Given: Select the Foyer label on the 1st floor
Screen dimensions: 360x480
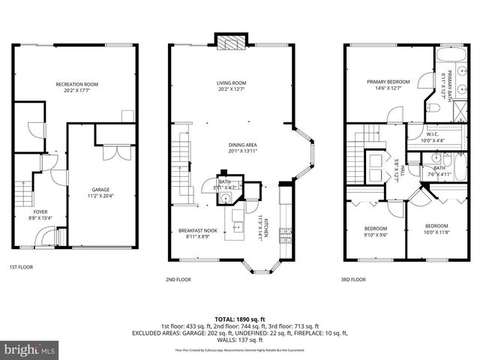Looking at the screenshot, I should coord(40,215).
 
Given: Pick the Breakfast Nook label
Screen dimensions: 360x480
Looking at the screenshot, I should coord(198,233).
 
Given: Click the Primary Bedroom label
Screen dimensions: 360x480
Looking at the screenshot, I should coord(388,85).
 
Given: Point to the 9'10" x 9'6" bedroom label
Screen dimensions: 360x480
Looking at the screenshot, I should coord(376,232).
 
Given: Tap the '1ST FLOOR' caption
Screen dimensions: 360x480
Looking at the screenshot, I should coord(20,267).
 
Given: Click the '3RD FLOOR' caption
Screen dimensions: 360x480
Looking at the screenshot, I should coord(353,279).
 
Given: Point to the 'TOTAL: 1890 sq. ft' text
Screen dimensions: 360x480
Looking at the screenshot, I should coord(241,318).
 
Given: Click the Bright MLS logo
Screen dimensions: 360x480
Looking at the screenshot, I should coord(30,350).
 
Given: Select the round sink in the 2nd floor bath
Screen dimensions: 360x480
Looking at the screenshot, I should coord(223,198).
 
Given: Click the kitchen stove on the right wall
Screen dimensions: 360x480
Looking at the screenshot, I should coord(285,237).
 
